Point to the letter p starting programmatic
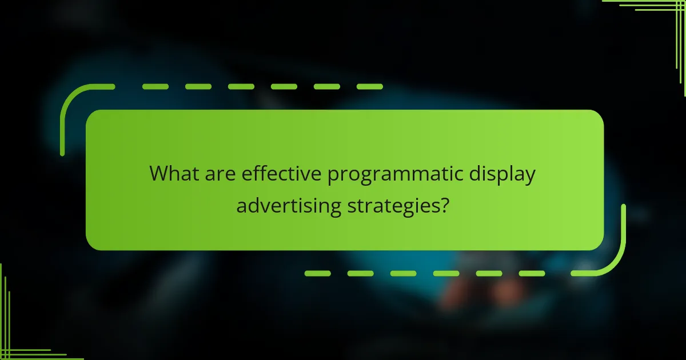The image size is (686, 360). click(x=333, y=176)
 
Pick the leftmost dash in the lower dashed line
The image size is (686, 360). click(x=317, y=273)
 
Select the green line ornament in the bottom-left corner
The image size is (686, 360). click(x=17, y=343)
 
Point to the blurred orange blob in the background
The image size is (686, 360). click(x=503, y=291)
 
